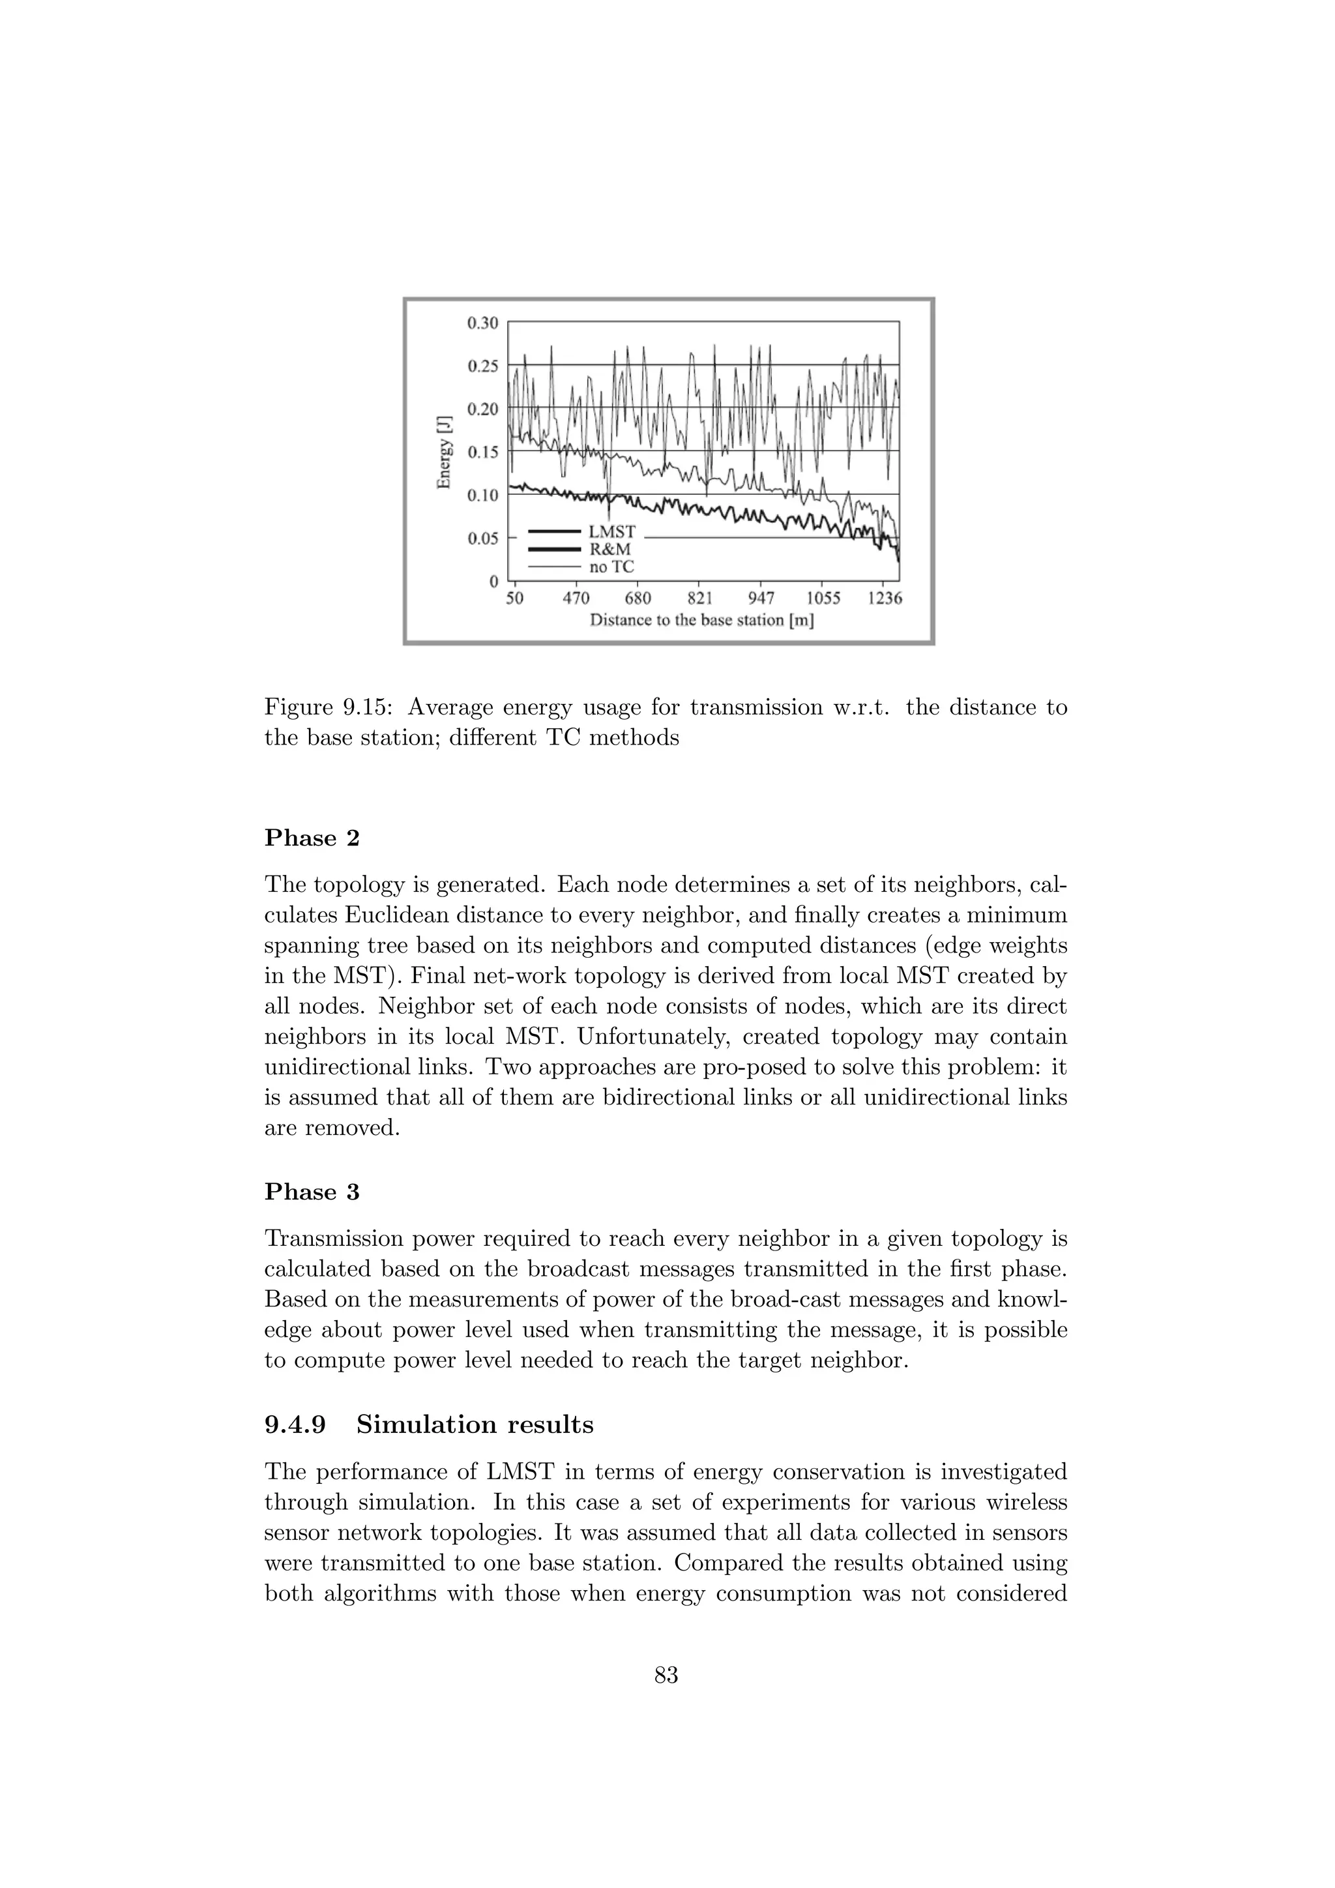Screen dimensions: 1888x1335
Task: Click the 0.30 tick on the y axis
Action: [x=482, y=323]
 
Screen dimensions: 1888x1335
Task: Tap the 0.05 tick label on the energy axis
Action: [x=482, y=538]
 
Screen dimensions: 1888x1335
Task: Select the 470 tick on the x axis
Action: [x=576, y=598]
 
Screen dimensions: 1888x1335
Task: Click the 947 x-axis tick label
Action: [x=761, y=598]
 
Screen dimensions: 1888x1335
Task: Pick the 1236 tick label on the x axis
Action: [x=885, y=598]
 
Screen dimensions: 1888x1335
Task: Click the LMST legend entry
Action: [x=611, y=533]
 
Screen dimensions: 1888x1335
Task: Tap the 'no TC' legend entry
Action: [x=611, y=567]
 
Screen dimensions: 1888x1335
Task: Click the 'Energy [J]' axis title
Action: [x=445, y=451]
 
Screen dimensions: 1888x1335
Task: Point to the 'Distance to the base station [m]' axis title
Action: [x=702, y=620]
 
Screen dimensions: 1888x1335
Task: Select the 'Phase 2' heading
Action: [x=312, y=839]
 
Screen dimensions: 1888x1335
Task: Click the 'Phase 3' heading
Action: [x=312, y=1192]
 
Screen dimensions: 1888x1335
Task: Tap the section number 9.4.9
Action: [x=295, y=1425]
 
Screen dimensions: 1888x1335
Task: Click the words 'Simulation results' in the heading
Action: [x=475, y=1425]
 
